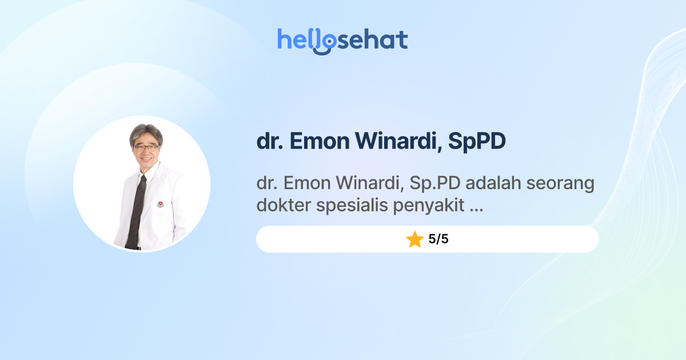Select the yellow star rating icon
pyautogui.click(x=414, y=239)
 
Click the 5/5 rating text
pyautogui.click(x=438, y=239)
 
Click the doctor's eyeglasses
pyautogui.click(x=146, y=147)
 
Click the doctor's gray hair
pyautogui.click(x=146, y=133)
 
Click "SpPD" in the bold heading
pyautogui.click(x=477, y=142)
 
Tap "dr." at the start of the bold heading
pyautogui.click(x=269, y=142)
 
